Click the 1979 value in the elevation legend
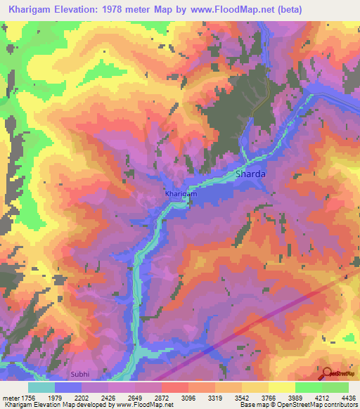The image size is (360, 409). coord(56,398)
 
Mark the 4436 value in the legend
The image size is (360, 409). coord(340,398)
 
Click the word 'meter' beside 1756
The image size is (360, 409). coord(11,398)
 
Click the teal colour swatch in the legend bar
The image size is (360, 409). coord(41,387)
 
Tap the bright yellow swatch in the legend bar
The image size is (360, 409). coord(281,387)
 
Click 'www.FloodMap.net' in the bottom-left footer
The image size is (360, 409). coord(143,405)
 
